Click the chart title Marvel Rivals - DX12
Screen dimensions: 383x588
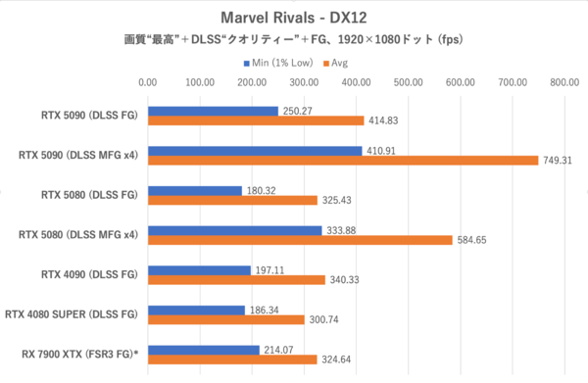click(x=294, y=17)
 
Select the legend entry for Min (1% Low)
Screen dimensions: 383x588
click(x=282, y=63)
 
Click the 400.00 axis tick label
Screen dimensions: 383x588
click(x=356, y=83)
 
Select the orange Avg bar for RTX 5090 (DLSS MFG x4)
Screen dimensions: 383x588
click(x=342, y=161)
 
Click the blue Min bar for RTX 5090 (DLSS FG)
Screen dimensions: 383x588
click(x=213, y=111)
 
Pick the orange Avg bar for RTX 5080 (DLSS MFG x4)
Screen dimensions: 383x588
click(x=299, y=239)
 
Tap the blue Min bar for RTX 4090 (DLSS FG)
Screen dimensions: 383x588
click(x=198, y=269)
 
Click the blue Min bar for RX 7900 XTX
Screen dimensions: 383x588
click(x=203, y=349)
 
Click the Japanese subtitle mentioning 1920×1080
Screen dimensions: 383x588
click(x=294, y=40)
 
